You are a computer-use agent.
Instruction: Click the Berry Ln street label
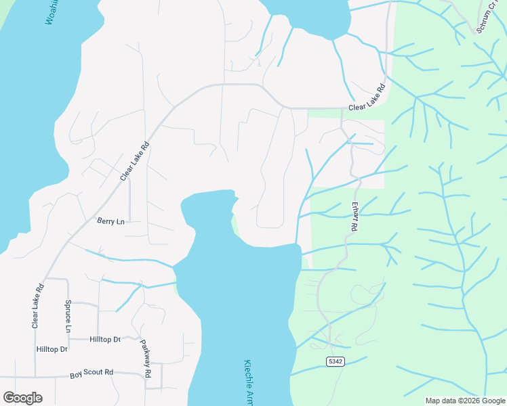tap(110, 221)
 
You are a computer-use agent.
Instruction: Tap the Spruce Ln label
tap(67, 315)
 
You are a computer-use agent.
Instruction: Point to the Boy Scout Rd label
tap(92, 374)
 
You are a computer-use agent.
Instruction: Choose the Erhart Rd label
tap(353, 216)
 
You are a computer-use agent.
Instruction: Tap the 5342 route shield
tap(335, 361)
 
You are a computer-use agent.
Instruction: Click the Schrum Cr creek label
tap(486, 15)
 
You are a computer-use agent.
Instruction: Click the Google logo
tap(22, 397)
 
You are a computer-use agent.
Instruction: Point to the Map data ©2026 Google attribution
tap(464, 401)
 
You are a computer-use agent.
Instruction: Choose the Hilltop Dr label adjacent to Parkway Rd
tap(104, 338)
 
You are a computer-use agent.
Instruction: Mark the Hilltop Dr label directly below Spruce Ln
tap(52, 349)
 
